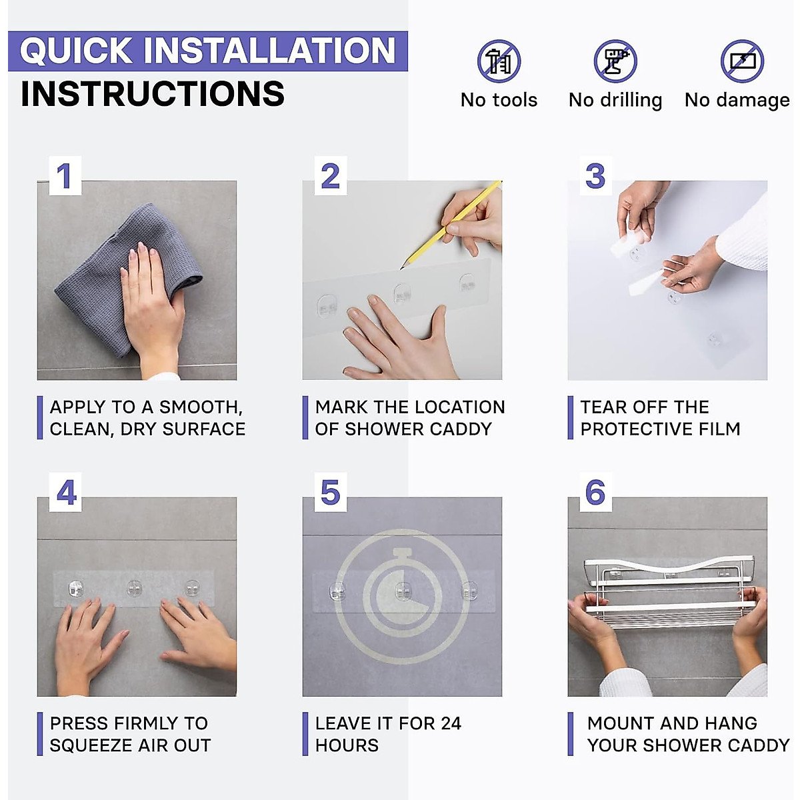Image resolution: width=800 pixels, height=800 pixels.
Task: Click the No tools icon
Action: coord(499,61)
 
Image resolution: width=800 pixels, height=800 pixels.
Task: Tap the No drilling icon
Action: coord(615,61)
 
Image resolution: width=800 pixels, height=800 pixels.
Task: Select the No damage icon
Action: coord(742,61)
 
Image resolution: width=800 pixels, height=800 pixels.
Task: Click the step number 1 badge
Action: coord(65,175)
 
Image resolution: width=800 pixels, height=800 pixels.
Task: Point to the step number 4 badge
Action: coord(65,492)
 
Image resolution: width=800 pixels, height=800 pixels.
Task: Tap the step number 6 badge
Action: coord(596,492)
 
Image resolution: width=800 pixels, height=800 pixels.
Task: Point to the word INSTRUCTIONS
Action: coord(153,94)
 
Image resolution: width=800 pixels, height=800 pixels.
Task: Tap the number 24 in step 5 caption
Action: coord(451,723)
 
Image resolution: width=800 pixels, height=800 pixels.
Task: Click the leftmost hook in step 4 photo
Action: coord(76,588)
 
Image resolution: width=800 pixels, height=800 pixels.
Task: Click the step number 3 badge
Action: coord(596,175)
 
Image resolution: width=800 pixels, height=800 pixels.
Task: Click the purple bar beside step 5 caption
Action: coord(305,734)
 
